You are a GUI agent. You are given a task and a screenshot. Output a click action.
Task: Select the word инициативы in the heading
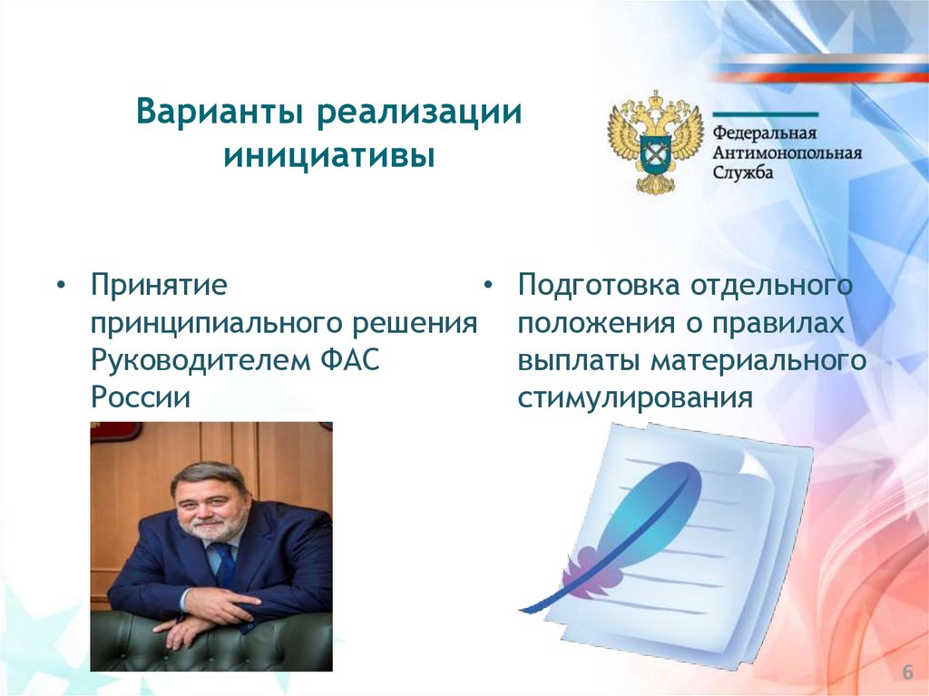point(329,156)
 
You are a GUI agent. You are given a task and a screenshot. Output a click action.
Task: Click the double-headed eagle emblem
point(655,142)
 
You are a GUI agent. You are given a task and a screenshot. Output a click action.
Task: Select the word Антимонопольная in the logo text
point(787,153)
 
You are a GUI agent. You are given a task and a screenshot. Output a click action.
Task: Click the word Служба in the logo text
point(742,172)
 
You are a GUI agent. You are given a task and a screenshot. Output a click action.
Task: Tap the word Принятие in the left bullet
point(159,285)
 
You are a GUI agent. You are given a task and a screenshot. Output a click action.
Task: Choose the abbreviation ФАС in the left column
point(349,360)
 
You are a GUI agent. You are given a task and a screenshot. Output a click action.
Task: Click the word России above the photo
point(141,397)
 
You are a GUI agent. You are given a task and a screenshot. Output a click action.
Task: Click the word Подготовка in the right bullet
point(599,286)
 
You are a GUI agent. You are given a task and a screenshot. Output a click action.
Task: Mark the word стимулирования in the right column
point(635,398)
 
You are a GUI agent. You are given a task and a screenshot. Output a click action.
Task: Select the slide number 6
point(907,672)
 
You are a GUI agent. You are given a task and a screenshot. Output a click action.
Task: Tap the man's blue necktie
point(225,564)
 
